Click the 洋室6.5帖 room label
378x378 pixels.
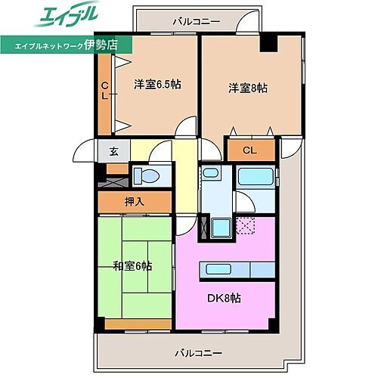157,85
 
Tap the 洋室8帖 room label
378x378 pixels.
248,88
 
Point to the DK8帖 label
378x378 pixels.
225,298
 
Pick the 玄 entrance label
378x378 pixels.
113,150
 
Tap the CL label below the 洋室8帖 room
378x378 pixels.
249,150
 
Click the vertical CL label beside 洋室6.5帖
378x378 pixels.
105,91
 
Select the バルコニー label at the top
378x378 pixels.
196,21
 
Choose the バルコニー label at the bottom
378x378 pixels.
197,352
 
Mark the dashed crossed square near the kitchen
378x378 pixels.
247,225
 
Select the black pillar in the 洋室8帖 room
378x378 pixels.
266,43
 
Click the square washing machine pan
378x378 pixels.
222,227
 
